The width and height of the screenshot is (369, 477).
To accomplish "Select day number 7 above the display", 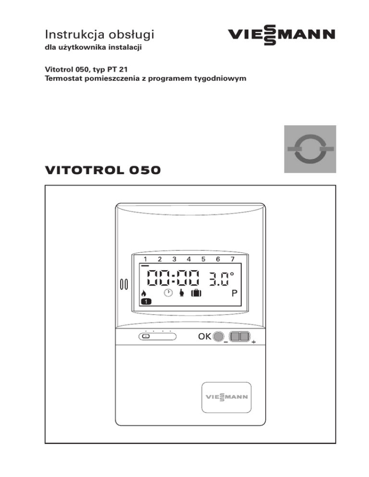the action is click(x=233, y=260).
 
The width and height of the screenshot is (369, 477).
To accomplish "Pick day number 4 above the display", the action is click(x=189, y=260).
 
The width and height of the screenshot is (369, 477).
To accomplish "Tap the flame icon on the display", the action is click(x=143, y=294).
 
